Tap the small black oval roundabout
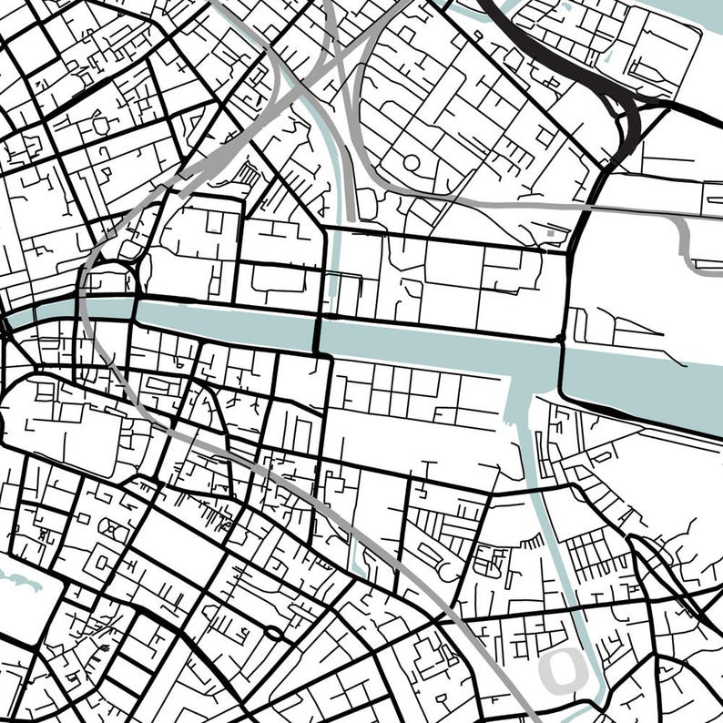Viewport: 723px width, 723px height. coord(272,632)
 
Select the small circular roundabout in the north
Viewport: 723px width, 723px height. coord(412,163)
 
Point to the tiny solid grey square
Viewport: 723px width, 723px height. coord(550,235)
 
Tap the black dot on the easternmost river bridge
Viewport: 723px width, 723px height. coord(561,339)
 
